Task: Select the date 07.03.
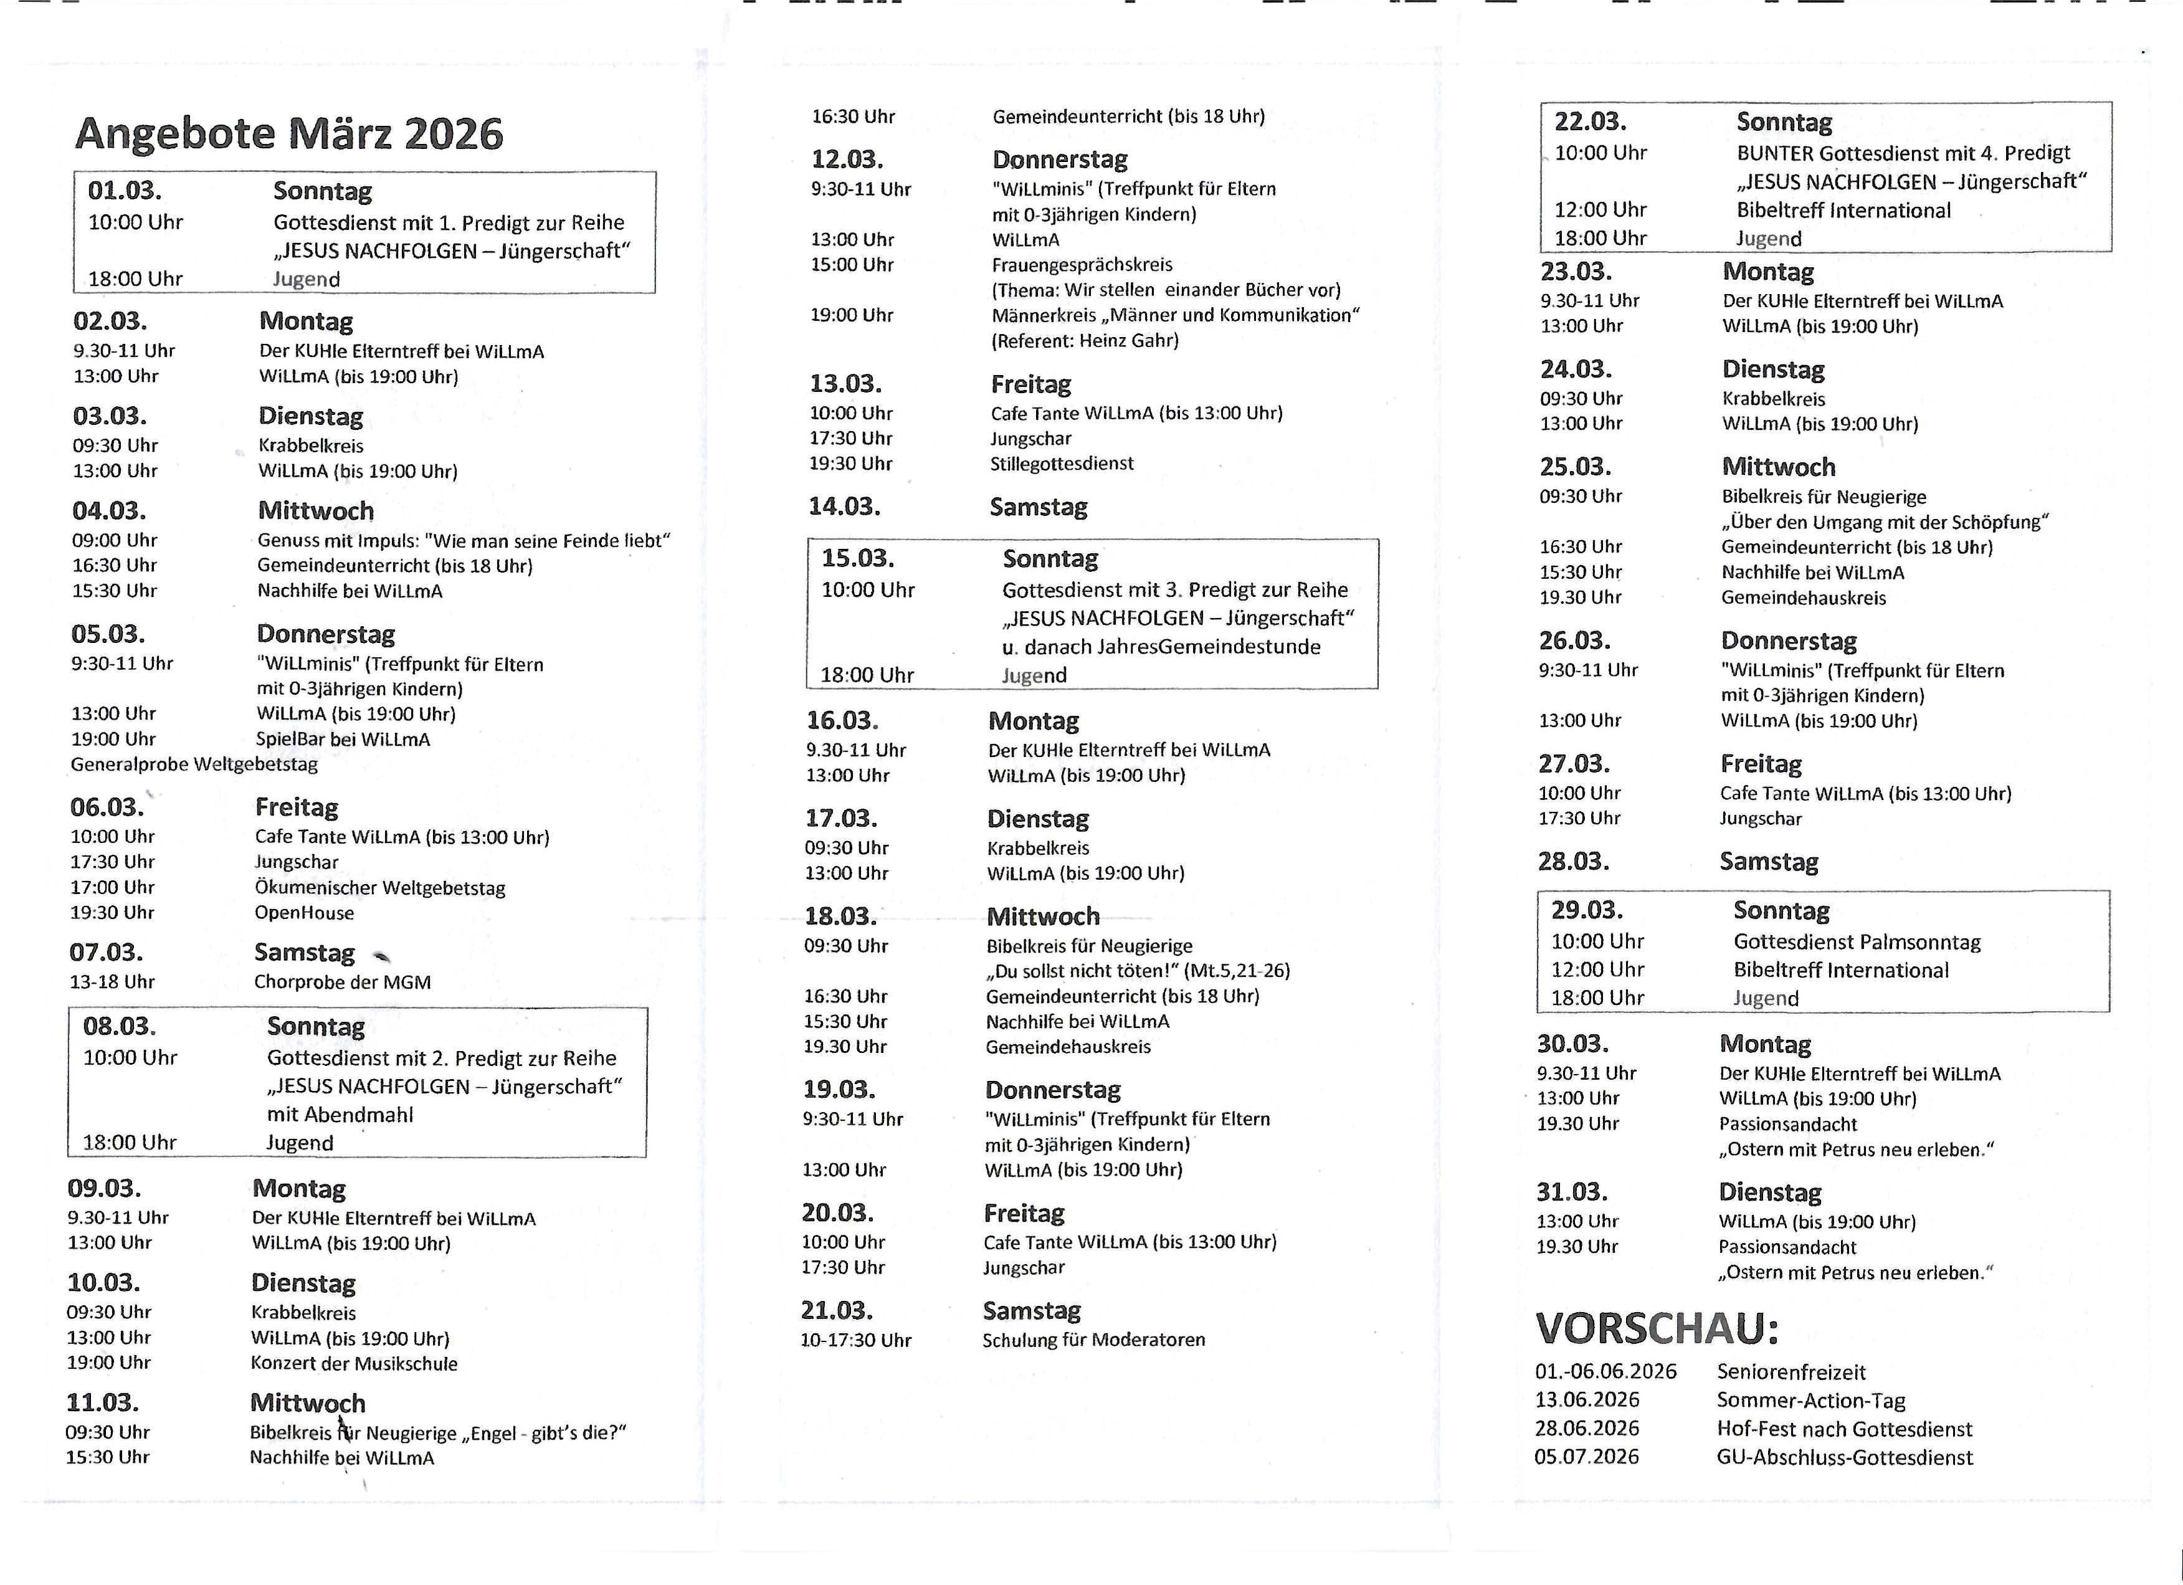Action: click(106, 953)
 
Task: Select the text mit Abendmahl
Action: click(340, 1115)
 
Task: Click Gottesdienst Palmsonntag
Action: click(1857, 942)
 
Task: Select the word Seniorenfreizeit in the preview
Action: click(1791, 1373)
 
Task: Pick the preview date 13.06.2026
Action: click(1587, 1400)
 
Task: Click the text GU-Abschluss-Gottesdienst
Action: click(1844, 1458)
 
